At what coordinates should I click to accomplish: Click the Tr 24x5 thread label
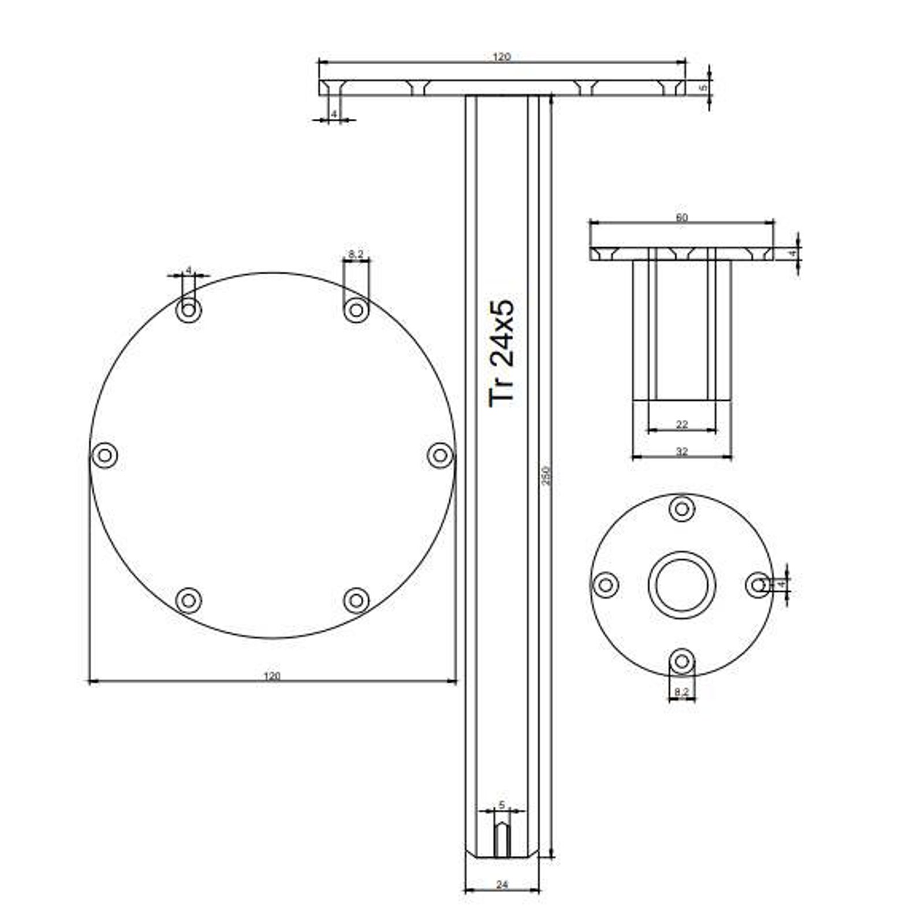tap(501, 354)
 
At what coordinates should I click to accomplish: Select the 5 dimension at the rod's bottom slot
tap(501, 804)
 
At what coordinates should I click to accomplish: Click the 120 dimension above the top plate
tap(501, 57)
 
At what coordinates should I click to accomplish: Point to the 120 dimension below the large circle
tap(271, 676)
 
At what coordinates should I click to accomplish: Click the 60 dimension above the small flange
tap(681, 218)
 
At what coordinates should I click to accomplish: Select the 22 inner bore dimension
tap(681, 424)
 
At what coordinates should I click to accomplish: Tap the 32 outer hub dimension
tap(681, 452)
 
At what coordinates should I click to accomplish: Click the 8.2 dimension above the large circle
tap(356, 254)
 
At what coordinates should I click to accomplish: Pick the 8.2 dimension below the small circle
tap(681, 691)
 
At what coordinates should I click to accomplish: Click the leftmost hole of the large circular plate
tap(105, 455)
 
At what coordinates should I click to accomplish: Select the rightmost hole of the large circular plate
tap(440, 455)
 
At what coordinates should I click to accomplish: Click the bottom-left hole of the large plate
tap(188, 601)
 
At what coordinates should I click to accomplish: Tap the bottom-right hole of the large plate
tap(356, 601)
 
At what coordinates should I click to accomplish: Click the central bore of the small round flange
tap(681, 585)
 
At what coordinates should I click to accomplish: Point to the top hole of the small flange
tap(681, 509)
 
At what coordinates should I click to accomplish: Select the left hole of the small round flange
tap(606, 585)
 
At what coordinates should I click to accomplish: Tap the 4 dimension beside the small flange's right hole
tap(781, 585)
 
